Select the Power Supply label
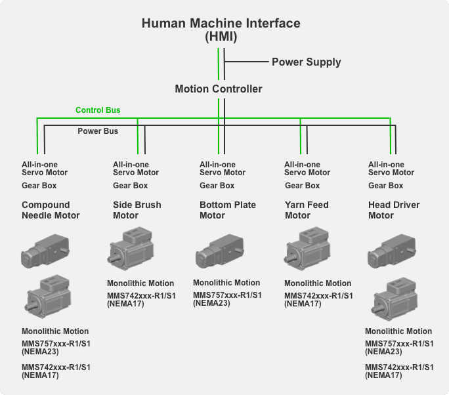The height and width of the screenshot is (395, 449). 306,62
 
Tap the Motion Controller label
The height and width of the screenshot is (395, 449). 219,89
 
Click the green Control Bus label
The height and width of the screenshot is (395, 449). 98,110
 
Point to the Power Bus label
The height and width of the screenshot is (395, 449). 98,131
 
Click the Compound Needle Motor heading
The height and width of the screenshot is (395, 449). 51,210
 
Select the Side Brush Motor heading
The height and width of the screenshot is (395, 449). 137,210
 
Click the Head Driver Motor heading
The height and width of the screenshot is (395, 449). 394,210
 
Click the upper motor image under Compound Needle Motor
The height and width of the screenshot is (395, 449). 45,251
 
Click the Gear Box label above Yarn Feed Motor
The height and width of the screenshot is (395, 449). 303,186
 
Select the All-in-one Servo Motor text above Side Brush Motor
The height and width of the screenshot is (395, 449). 136,169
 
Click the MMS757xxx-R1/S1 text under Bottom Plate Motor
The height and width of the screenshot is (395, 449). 227,295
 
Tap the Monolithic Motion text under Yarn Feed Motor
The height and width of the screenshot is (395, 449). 317,283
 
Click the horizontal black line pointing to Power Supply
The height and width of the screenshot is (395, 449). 246,62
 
